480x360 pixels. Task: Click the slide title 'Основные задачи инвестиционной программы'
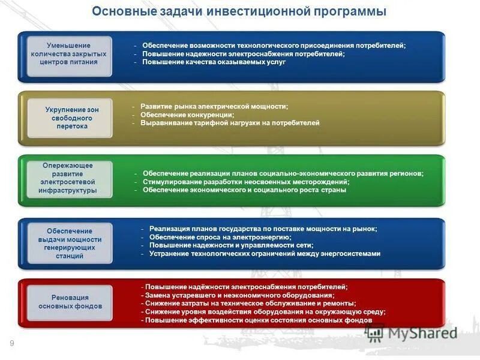point(240,12)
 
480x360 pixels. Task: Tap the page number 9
point(11,343)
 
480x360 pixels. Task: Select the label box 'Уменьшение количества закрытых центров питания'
point(68,54)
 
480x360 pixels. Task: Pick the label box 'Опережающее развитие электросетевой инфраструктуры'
point(68,178)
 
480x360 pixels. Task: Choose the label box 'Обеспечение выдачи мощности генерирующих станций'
point(69,243)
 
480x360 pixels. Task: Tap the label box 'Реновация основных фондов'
point(70,302)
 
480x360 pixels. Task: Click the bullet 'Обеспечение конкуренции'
point(187,115)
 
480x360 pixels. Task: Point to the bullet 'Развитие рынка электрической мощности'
point(214,106)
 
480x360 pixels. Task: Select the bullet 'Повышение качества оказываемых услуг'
point(214,62)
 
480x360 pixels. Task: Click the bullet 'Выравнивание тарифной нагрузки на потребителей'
point(230,123)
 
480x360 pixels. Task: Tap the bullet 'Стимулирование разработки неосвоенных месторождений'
point(246,182)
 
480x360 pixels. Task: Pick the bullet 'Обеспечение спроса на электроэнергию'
point(220,237)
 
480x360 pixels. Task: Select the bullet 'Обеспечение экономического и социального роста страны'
point(244,190)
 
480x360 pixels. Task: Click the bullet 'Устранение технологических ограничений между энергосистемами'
point(265,254)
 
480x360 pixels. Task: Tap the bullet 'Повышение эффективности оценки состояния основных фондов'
point(259,320)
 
